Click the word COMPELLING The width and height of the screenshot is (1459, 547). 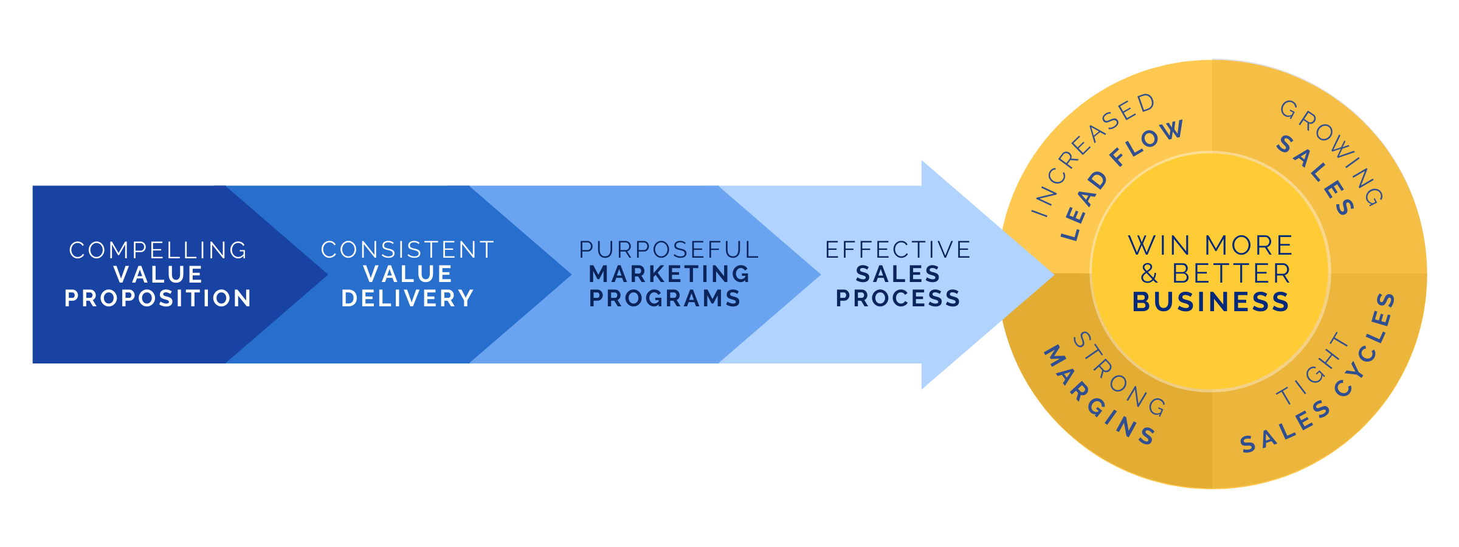coord(158,250)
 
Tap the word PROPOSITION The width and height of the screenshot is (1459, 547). coord(158,298)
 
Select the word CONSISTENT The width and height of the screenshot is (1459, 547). coord(407,250)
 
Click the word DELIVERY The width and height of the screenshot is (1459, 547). coord(407,298)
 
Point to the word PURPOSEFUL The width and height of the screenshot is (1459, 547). coord(669,250)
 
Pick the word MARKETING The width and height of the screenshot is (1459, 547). coord(669,274)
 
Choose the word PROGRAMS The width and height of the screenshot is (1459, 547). coord(665,298)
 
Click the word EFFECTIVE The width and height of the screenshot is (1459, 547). coord(898,250)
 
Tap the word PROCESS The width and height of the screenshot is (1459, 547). coord(898,298)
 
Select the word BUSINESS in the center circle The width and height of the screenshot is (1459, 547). coord(1210,302)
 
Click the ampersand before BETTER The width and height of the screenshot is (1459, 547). coord(1148,274)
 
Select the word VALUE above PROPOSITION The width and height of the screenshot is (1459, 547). coord(158,275)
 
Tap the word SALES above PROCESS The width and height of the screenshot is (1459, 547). coord(898,274)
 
